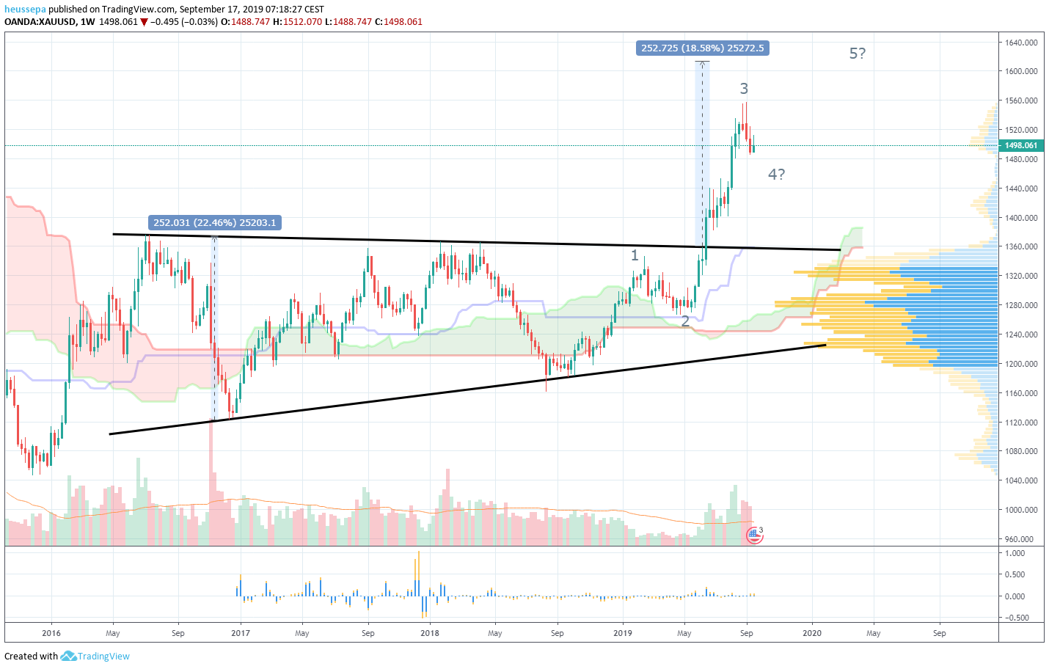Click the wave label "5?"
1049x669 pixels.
[x=857, y=54]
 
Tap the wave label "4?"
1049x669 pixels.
[x=776, y=175]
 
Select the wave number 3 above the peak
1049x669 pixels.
[x=744, y=89]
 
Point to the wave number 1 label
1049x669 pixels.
[x=635, y=255]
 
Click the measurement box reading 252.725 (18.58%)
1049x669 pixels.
[x=702, y=48]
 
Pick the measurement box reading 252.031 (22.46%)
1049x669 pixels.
[x=214, y=223]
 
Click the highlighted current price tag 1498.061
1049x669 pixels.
[x=1021, y=145]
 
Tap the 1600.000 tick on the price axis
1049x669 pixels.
[x=1021, y=71]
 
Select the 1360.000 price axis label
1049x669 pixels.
[x=1021, y=246]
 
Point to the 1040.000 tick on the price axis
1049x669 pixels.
[x=1021, y=480]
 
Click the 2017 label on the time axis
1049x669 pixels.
[x=241, y=633]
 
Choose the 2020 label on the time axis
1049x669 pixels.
[x=811, y=633]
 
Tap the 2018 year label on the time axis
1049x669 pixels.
[x=430, y=633]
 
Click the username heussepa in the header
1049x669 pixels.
[x=25, y=10]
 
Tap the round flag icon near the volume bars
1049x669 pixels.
[x=754, y=535]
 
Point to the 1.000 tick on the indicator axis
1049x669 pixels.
[x=1015, y=553]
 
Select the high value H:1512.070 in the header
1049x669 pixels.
[x=297, y=22]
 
